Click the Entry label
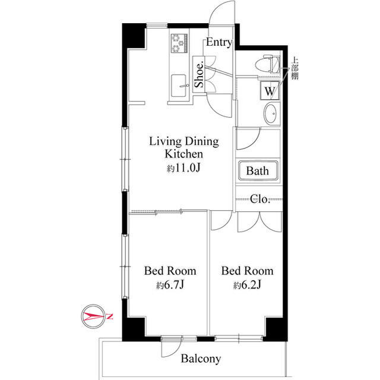[x=219, y=42]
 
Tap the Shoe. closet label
[x=199, y=75]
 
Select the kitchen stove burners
[x=179, y=43]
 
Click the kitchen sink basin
[x=179, y=85]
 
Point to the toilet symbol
[x=268, y=64]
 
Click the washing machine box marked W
[x=270, y=91]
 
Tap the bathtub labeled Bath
[x=258, y=170]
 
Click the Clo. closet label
[x=260, y=199]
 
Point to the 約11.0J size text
[x=183, y=168]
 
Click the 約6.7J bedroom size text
[x=170, y=285]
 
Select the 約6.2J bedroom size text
[x=247, y=285]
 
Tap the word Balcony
[x=201, y=359]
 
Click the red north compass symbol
[x=94, y=316]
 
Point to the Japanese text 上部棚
[x=294, y=68]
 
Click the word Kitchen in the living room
[x=183, y=154]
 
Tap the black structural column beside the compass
[x=134, y=328]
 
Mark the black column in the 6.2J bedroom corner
[x=276, y=328]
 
